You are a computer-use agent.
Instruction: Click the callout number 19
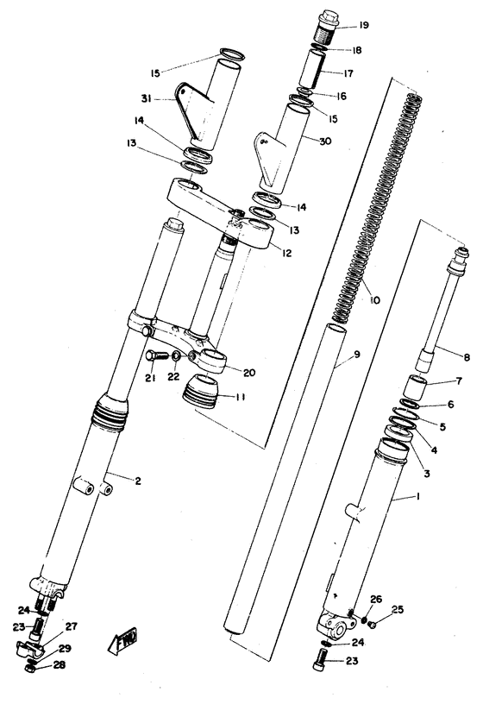(x=363, y=26)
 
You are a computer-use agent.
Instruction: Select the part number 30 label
(x=326, y=141)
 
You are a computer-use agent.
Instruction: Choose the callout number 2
(x=137, y=479)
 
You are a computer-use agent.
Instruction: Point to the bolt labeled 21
(x=154, y=355)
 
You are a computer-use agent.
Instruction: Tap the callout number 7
(x=434, y=381)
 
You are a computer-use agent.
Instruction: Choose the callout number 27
(x=72, y=626)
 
